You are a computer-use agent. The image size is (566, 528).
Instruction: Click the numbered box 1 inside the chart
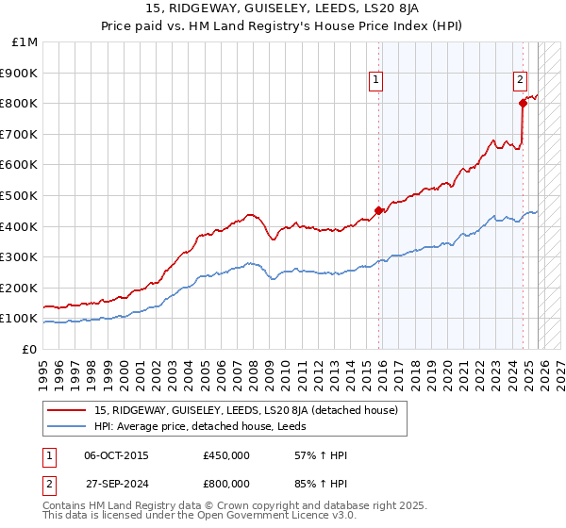375,81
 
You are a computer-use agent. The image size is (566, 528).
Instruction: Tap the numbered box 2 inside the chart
520,81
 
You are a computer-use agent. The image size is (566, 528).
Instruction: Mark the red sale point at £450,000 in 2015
379,211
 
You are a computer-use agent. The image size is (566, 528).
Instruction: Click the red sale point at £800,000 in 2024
522,104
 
